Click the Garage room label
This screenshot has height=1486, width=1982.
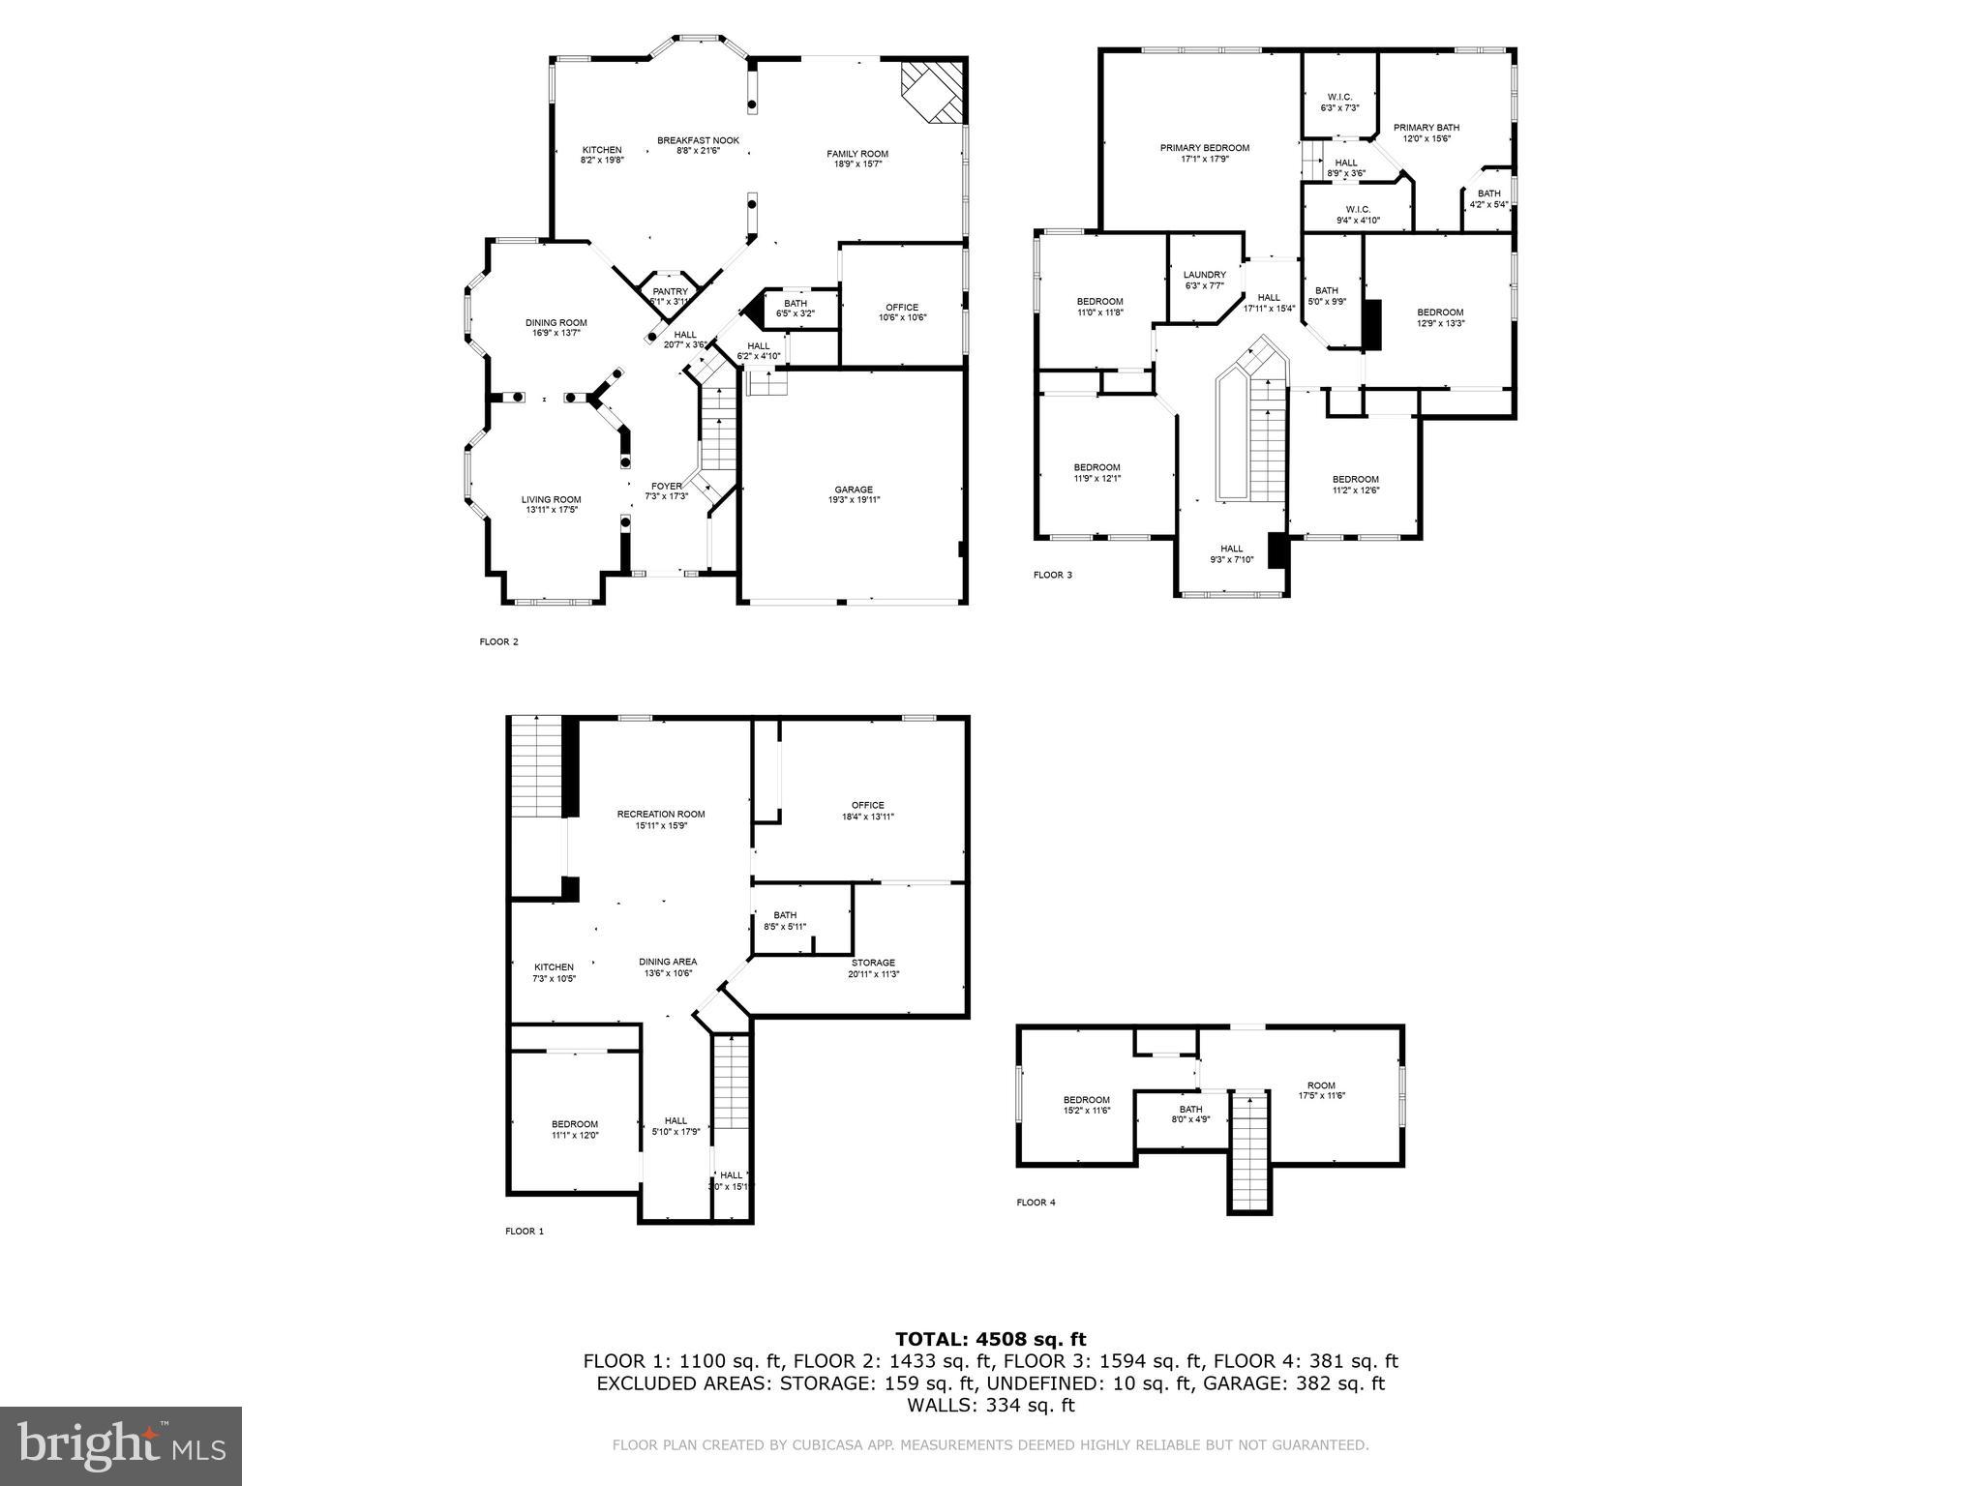click(x=854, y=490)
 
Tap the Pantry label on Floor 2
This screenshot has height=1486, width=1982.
click(x=670, y=291)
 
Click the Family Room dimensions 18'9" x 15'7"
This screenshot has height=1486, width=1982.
click(x=856, y=164)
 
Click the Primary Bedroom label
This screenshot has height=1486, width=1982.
click(x=1204, y=148)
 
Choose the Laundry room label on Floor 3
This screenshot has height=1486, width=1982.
click(x=1204, y=275)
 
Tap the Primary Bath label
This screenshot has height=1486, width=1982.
click(x=1426, y=128)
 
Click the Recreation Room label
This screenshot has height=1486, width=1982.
click(x=661, y=814)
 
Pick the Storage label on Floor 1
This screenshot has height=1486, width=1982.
click(x=873, y=963)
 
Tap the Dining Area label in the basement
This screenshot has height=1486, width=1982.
click(x=668, y=962)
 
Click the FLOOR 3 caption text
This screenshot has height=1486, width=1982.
click(x=1052, y=575)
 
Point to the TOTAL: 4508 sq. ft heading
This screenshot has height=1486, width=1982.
click(x=990, y=1339)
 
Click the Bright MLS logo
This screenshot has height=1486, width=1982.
click(x=121, y=1446)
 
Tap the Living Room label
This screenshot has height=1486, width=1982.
click(x=552, y=499)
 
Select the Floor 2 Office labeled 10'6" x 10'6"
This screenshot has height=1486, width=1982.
click(x=901, y=308)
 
